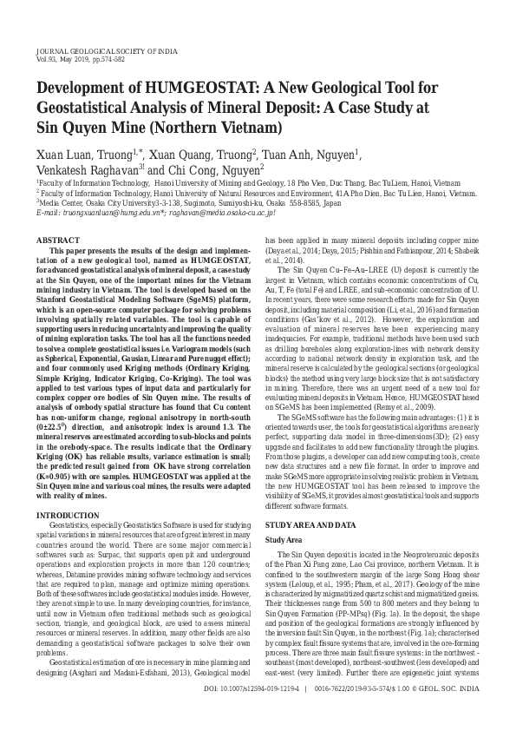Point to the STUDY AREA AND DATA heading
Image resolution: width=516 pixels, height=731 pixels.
point(310,502)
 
